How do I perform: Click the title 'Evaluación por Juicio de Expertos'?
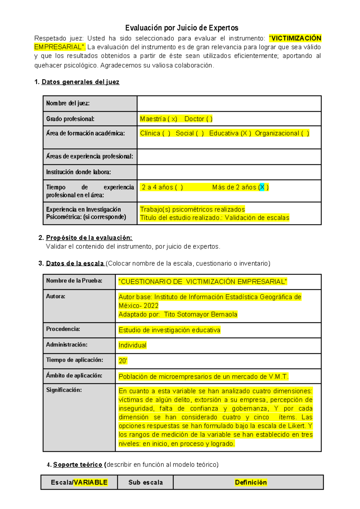point(181,28)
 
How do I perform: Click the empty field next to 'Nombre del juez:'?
point(229,104)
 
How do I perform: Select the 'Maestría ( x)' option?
point(158,119)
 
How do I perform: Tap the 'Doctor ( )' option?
point(198,119)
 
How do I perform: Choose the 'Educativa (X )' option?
point(230,133)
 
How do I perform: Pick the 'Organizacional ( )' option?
point(282,133)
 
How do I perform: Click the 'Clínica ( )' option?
point(155,133)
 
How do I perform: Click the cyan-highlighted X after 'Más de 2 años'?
point(262,187)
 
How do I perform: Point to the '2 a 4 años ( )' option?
point(162,187)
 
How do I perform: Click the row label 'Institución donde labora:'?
point(78,172)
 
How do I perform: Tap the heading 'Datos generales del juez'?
point(80,82)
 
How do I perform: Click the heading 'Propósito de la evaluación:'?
point(89,238)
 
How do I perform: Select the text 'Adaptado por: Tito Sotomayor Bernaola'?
point(178,314)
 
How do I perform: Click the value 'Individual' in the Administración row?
point(132,345)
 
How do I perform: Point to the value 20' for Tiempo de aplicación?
point(123,361)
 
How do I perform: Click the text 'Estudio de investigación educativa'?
point(169,330)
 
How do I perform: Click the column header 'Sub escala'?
point(145,482)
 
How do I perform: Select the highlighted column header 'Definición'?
point(251,482)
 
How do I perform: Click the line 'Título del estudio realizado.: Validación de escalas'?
point(214,218)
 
